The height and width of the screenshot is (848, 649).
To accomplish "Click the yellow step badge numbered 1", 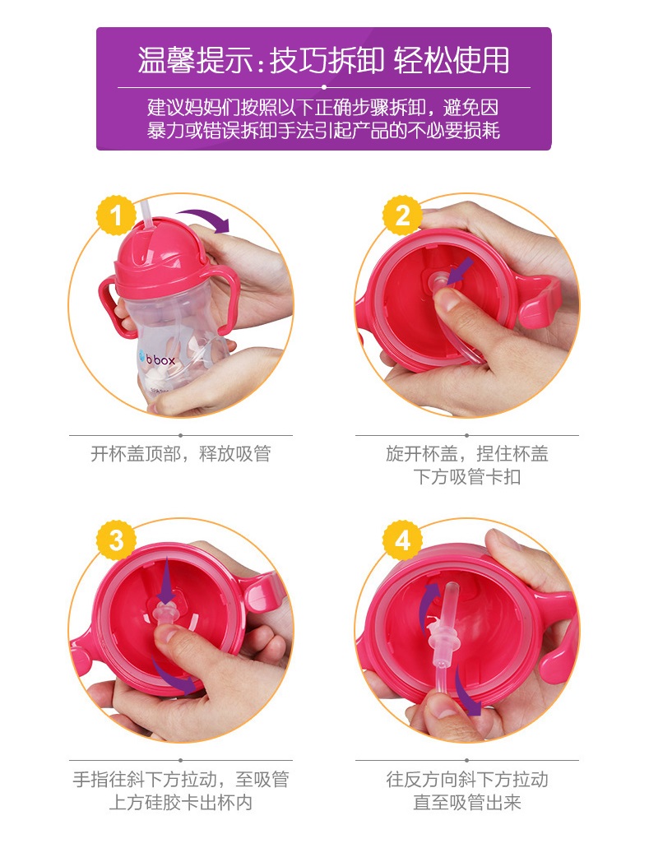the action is (116, 215).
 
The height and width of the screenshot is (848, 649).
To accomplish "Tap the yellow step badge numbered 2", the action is (402, 215).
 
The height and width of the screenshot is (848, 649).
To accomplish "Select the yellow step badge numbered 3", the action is (116, 540).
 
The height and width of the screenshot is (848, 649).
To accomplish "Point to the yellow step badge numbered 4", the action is (402, 540).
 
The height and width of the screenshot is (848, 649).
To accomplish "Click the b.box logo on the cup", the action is (157, 359).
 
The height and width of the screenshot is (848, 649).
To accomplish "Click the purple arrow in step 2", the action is (460, 271).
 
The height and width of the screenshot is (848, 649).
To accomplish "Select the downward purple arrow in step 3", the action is (167, 581).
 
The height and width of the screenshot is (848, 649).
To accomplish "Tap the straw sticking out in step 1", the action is (147, 217).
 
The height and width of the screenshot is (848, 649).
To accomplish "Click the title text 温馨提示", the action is (194, 60).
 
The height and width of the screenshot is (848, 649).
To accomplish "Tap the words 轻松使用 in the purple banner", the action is (452, 60).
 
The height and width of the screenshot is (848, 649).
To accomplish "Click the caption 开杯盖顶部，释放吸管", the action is (181, 453).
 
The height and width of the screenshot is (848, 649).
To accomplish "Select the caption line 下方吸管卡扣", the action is (466, 476).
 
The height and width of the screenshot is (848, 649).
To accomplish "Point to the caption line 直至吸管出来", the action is (466, 802).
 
